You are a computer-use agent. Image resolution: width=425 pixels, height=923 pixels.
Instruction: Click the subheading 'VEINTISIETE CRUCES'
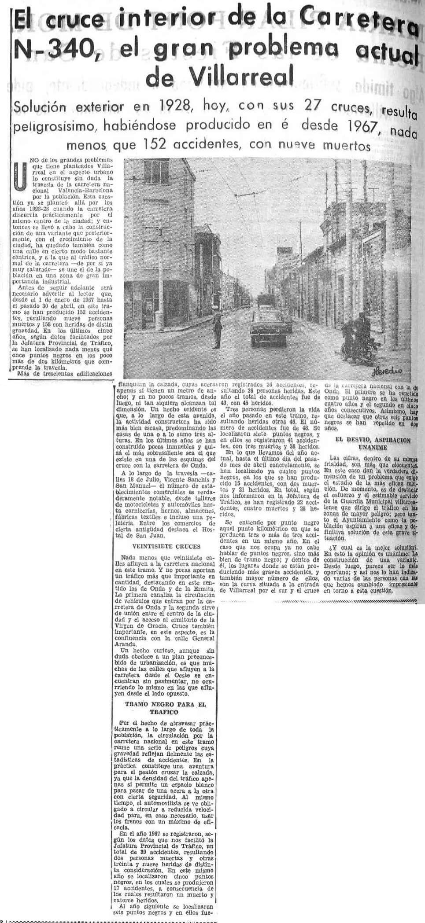coord(163,547)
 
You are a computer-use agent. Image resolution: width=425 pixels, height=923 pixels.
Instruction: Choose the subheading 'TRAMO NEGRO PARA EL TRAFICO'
coord(165,708)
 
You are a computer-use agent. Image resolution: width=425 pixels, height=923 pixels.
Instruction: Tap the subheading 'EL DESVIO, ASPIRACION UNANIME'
coord(372,443)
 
